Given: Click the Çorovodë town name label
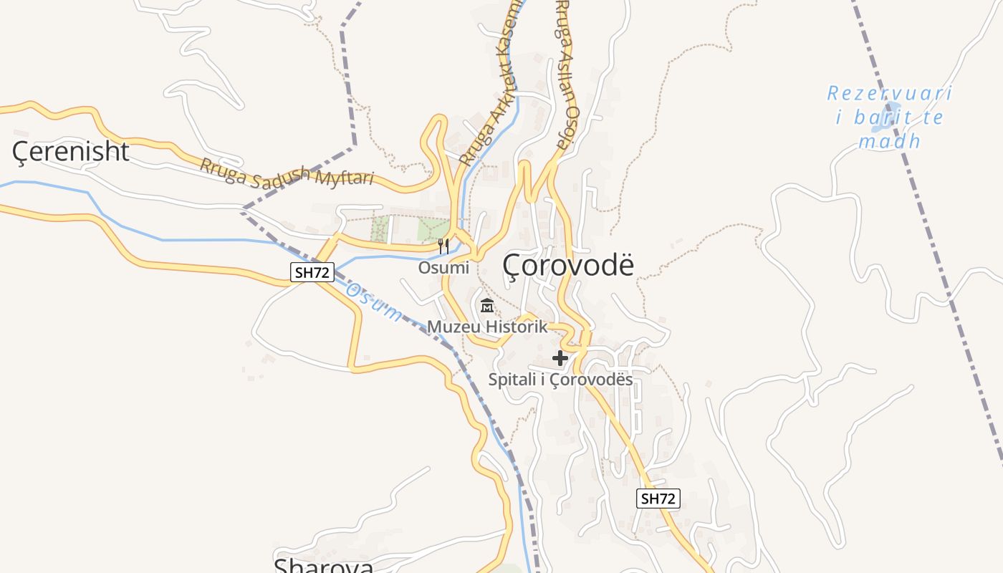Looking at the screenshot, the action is (568, 264).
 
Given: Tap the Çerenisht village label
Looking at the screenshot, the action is (71, 152).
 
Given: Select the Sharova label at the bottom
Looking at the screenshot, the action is (324, 566).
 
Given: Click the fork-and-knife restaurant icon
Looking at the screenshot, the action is (443, 246).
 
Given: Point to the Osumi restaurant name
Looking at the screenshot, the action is (443, 268).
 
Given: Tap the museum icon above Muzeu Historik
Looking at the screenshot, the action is (487, 306).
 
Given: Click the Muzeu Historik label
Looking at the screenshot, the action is (487, 327).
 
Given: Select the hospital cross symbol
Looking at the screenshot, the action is (560, 357).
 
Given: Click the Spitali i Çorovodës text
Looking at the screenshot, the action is (560, 379).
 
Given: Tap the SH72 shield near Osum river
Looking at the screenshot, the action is (312, 272).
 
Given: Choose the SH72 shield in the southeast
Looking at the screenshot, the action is (658, 499).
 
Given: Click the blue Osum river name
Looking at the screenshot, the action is (374, 302).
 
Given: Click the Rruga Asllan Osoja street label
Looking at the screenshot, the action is (566, 75).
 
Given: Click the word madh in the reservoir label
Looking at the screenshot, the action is (889, 141).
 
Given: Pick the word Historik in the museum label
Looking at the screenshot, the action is (516, 327).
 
